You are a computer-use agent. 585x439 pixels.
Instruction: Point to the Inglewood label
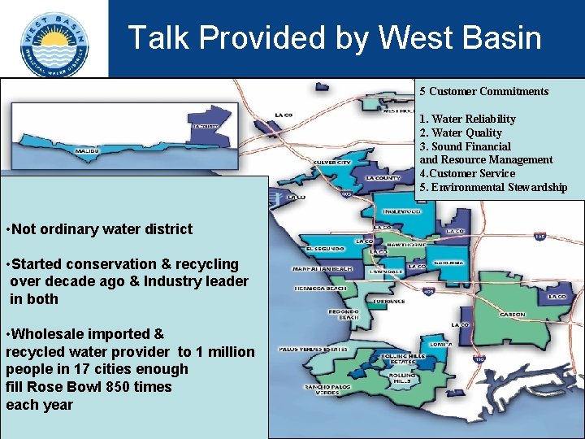tap(402, 210)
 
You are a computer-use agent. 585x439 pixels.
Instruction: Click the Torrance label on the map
tap(389, 301)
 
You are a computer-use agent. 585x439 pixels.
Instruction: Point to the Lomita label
tap(440, 343)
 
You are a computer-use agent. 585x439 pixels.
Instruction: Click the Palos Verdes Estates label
tap(313, 349)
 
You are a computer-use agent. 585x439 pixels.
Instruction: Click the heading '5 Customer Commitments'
tap(483, 91)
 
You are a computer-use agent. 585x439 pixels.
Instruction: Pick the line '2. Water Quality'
tap(461, 133)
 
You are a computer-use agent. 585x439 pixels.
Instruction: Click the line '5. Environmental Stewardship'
tap(493, 187)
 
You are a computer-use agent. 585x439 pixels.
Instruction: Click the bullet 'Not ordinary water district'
tap(101, 229)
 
